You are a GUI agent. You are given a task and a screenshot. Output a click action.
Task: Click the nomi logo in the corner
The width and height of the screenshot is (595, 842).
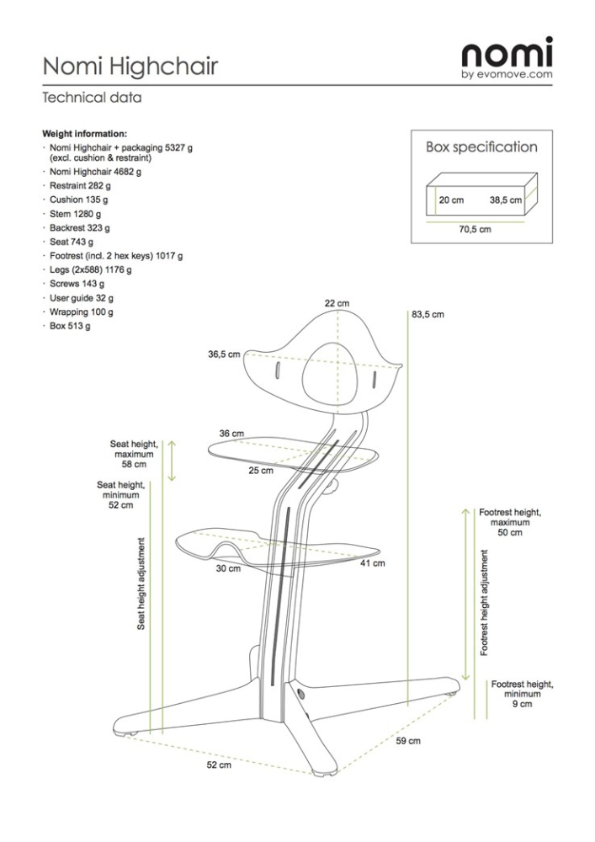pos(507,56)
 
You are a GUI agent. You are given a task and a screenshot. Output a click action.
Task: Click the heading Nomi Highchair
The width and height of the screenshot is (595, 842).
pos(130,66)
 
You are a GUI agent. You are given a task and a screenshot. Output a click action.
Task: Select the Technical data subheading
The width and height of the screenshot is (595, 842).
pos(92,98)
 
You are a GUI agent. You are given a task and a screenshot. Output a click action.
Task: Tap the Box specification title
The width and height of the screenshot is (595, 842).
pos(481,147)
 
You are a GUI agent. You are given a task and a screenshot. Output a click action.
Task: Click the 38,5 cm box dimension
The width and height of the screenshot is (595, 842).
pos(506,201)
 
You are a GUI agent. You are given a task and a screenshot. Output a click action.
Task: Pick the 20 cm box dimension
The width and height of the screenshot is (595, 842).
pos(451,201)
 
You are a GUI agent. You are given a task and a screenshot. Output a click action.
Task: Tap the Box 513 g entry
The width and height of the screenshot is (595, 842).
pos(70,326)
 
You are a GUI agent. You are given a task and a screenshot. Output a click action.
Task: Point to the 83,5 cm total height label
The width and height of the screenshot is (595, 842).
pos(428,314)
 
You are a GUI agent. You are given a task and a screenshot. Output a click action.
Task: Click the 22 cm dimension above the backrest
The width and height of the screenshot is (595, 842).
pos(337,302)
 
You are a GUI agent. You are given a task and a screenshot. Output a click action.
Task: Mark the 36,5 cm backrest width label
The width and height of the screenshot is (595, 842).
pos(224,354)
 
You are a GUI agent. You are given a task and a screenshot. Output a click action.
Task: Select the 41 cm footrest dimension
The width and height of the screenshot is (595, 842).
pos(373,563)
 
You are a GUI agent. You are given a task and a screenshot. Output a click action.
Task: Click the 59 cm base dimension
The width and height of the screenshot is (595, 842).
pos(408,741)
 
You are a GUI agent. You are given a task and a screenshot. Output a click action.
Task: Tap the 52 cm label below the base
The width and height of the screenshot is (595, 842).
pos(219,765)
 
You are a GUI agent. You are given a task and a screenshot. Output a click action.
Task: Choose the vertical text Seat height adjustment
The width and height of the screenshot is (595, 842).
pos(142,583)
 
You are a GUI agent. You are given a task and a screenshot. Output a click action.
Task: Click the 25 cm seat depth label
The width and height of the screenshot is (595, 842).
pos(261,471)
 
